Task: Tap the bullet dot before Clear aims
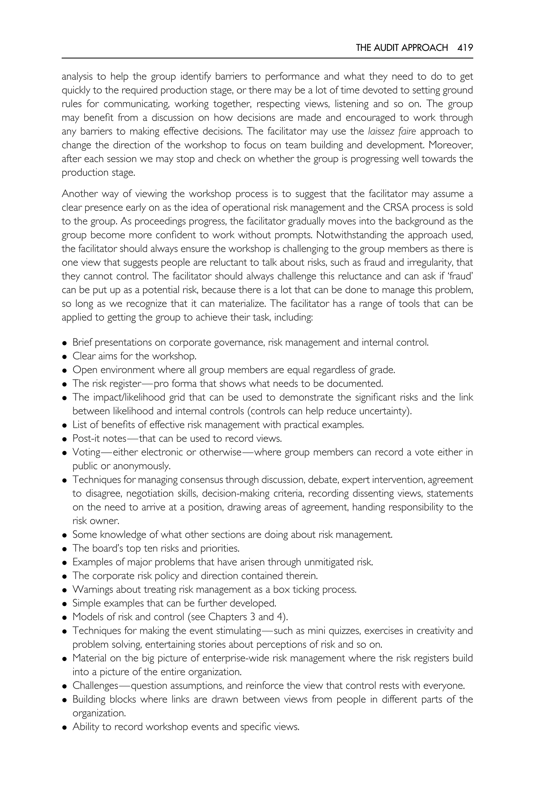click(64, 357)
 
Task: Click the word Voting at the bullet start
click(86, 452)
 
